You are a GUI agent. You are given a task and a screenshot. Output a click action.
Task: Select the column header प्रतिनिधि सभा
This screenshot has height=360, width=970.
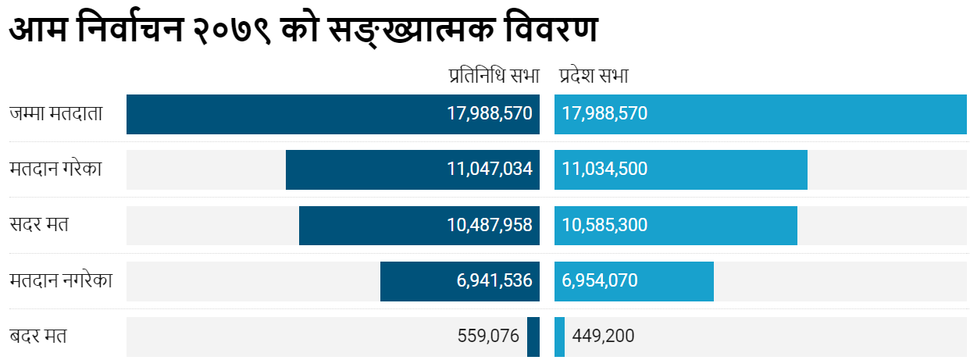[494, 76]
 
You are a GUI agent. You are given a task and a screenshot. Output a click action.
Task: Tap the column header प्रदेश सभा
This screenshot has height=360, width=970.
[594, 76]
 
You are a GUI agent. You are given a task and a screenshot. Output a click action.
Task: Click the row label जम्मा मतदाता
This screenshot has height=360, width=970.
[56, 114]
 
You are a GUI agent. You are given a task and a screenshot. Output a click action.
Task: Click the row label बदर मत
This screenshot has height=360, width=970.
[38, 337]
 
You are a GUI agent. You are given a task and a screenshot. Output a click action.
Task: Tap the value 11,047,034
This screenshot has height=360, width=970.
[490, 169]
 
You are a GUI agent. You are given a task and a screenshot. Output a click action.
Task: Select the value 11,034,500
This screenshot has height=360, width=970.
[604, 169]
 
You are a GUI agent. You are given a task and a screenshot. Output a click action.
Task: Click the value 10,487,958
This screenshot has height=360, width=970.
[490, 226]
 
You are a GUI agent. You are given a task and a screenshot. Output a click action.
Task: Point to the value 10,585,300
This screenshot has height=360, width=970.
[604, 226]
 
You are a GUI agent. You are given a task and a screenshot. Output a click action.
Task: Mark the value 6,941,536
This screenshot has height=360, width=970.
[494, 281]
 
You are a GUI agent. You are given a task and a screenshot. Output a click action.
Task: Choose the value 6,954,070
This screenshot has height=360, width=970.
[600, 281]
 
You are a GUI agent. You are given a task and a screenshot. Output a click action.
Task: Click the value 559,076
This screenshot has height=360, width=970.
[488, 337]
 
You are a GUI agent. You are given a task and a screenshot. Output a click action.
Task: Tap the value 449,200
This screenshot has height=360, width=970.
[603, 337]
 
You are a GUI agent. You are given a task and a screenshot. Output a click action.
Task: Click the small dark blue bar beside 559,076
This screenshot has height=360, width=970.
[533, 337]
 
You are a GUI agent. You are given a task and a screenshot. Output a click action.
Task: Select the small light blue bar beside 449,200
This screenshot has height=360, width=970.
[559, 337]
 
